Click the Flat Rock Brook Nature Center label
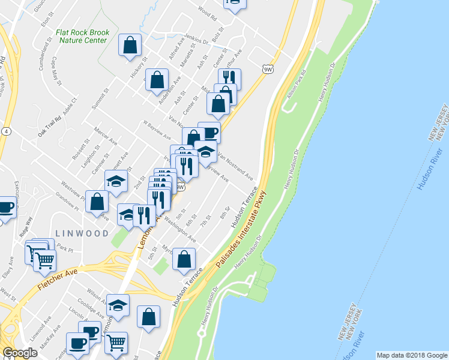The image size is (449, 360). coord(81,36)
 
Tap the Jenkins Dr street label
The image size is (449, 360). coord(197,39)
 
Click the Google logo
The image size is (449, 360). coord(19,353)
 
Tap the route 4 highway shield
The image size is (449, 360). coord(5,131)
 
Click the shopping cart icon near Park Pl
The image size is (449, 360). coord(45,261)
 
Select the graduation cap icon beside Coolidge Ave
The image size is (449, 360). coord(118,305)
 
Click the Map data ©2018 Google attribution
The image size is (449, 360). coord(412,355)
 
